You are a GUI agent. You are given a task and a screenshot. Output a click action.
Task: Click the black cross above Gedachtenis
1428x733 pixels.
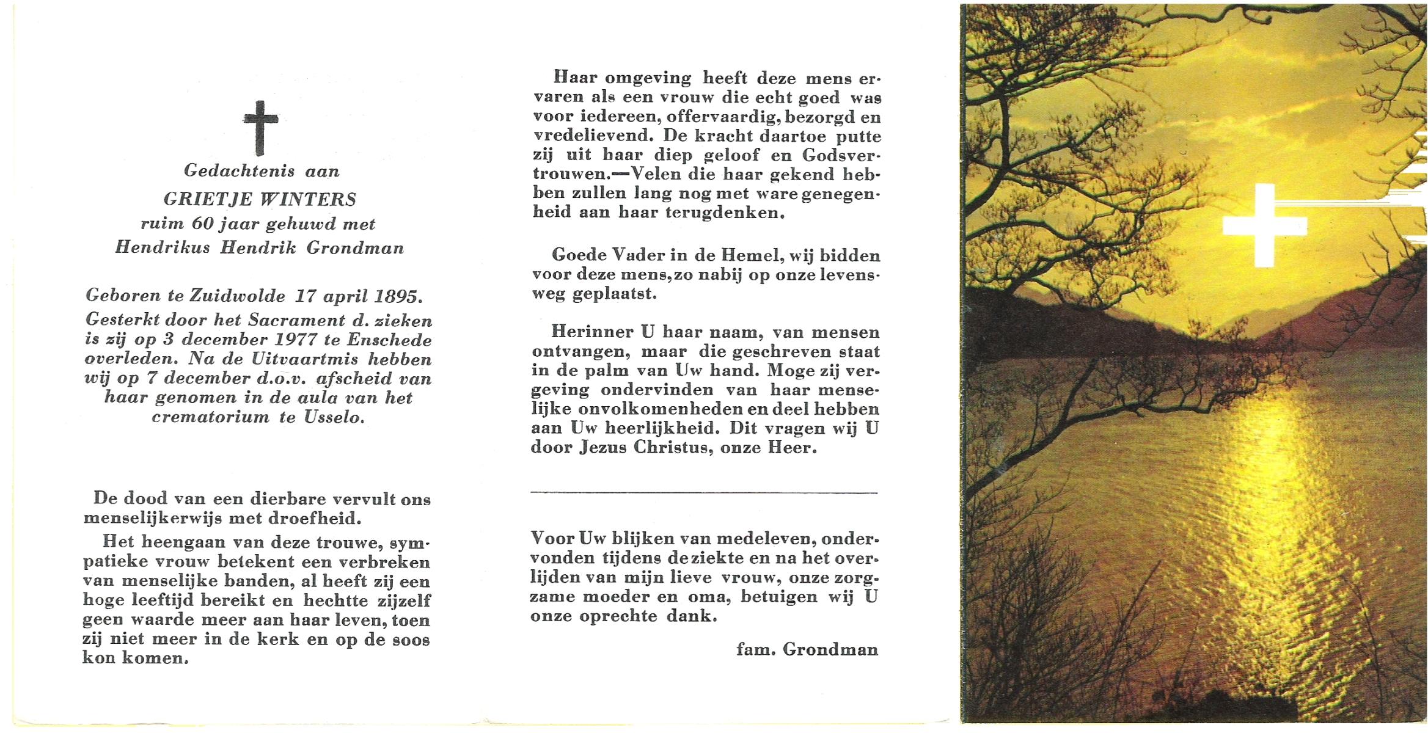[x=260, y=127]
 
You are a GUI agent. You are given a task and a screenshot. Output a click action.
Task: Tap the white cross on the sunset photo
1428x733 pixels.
[x=1265, y=225]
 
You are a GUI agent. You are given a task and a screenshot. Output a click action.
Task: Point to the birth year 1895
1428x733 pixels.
[x=397, y=296]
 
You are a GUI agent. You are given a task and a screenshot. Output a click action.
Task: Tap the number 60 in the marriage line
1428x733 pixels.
[x=202, y=224]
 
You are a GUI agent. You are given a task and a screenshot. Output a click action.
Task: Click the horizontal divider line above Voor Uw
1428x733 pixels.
[x=704, y=492]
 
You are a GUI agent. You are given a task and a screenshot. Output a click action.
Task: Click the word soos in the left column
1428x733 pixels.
[x=411, y=640]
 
